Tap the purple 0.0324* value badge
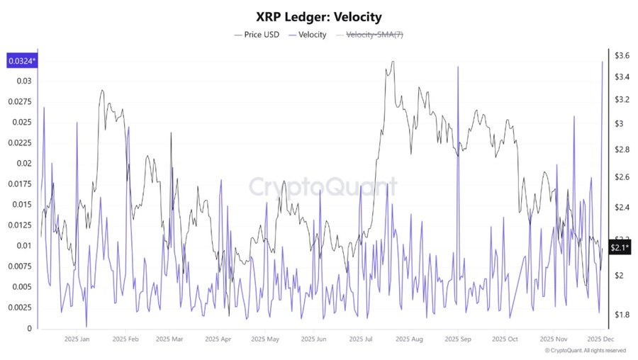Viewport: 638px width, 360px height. (x=22, y=62)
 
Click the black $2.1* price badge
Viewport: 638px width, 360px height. (x=620, y=247)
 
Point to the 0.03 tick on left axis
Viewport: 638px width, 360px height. (x=24, y=81)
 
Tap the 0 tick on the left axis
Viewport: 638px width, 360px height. (x=29, y=329)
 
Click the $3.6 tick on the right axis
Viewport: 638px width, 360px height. (x=622, y=55)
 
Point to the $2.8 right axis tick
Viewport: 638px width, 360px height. (x=622, y=150)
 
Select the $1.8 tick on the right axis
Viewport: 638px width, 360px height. (x=622, y=314)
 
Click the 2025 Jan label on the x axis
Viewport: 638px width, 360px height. (x=77, y=339)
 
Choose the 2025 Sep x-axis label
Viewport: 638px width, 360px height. (x=457, y=339)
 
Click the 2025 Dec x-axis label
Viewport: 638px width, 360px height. (x=600, y=339)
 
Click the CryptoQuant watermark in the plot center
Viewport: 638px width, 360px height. (x=323, y=187)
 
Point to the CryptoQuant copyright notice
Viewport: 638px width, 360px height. (x=585, y=351)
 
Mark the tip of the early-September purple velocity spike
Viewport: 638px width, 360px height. (x=458, y=67)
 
